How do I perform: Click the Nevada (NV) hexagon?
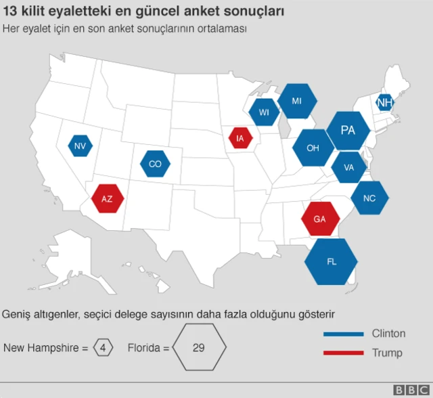(x=80, y=146)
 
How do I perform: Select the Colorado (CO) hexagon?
(x=155, y=164)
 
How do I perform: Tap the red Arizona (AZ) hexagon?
(x=107, y=198)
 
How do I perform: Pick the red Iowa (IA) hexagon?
(x=240, y=138)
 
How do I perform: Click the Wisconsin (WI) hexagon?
(x=264, y=112)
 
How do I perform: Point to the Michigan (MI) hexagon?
(x=296, y=101)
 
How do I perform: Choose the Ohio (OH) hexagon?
(x=313, y=148)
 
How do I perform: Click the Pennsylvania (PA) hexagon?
(x=348, y=130)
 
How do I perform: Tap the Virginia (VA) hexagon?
(x=349, y=167)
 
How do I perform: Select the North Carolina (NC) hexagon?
(x=369, y=198)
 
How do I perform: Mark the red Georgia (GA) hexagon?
(x=319, y=219)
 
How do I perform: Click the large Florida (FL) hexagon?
(x=332, y=261)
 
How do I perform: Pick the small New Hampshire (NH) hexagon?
(x=384, y=103)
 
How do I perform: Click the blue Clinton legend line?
(x=344, y=334)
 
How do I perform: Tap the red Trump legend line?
(x=344, y=353)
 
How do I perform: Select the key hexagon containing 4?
(x=103, y=349)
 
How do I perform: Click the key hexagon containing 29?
(x=198, y=349)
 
